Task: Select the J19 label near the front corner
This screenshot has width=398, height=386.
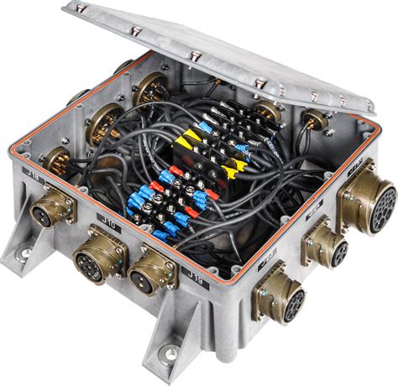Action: (x=194, y=274)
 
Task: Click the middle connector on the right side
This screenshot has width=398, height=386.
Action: (x=327, y=243)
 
